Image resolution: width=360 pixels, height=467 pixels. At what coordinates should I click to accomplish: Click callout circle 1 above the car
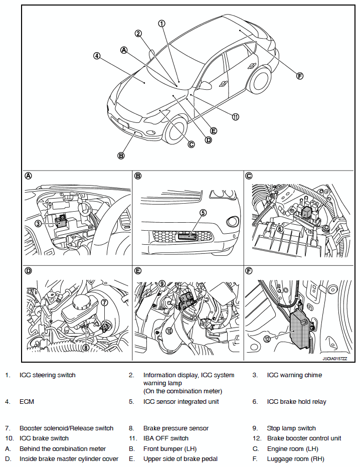pos(161,23)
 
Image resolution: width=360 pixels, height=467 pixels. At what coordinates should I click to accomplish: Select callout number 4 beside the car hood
pos(97,56)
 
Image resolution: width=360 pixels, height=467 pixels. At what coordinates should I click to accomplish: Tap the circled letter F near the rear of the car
pos(300,76)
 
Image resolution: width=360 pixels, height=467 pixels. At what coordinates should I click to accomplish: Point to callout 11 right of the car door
pos(235,116)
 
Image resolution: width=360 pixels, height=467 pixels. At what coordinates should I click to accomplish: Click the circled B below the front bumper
pos(121,155)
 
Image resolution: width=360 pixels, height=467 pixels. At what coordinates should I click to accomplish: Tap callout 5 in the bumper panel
pos(203,213)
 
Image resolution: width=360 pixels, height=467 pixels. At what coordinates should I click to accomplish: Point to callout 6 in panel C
pos(280,227)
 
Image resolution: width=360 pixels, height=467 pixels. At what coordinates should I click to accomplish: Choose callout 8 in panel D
pos(86,347)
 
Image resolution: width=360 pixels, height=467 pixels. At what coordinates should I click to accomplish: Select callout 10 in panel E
pos(169,331)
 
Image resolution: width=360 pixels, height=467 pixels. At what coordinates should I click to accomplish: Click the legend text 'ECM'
pos(27,402)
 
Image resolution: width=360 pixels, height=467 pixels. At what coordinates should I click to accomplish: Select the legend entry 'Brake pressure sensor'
pos(175,428)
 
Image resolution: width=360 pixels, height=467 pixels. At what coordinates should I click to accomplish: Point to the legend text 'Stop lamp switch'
pos(291,428)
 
